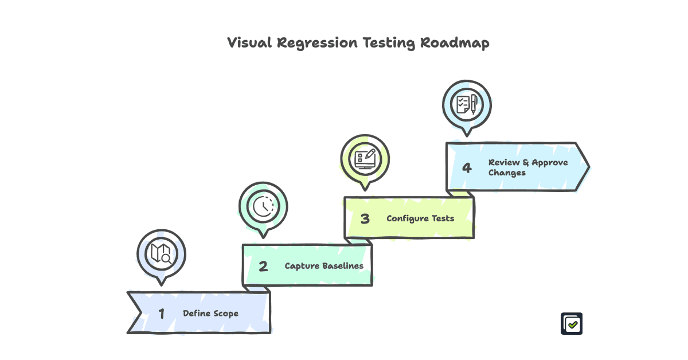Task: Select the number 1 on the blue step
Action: point(162,314)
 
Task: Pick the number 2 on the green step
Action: point(263,266)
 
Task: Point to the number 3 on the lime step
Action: point(365,218)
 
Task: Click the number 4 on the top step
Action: point(467,167)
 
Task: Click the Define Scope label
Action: point(210,314)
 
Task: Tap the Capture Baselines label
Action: point(324,266)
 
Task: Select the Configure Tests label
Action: point(420,218)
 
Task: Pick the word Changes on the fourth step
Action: point(507,173)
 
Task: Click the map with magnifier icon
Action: point(161,253)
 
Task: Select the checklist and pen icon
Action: point(467,104)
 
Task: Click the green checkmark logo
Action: point(572,324)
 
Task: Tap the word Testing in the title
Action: point(389,43)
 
